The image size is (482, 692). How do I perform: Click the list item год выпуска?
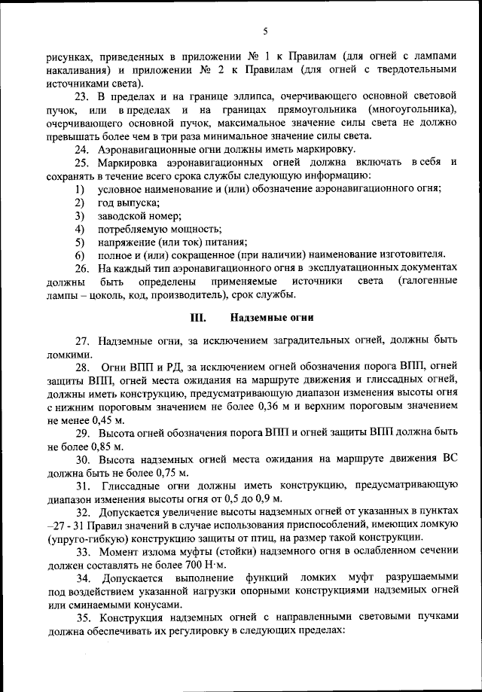[128, 203]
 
